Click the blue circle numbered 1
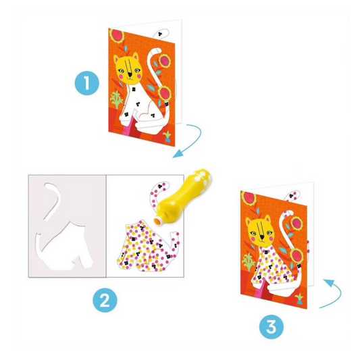click(x=87, y=82)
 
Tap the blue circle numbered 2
click(x=105, y=300)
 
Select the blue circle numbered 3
click(x=272, y=327)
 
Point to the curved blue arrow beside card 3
click(x=332, y=294)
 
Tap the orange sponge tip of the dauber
click(x=157, y=221)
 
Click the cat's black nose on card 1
click(x=130, y=75)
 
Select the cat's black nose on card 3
click(x=262, y=236)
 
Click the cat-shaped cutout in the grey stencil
click(x=63, y=248)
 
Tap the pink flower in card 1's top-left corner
click(x=116, y=36)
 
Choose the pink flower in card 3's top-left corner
click(x=249, y=199)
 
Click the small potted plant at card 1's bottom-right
click(x=167, y=136)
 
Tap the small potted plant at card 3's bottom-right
click(x=299, y=298)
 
